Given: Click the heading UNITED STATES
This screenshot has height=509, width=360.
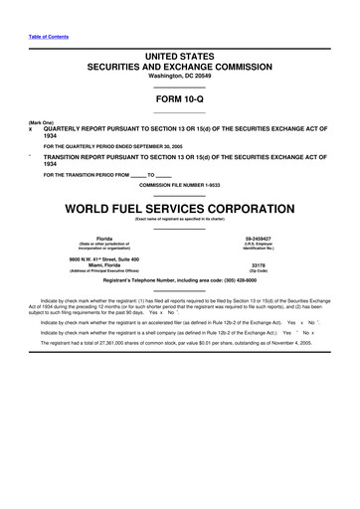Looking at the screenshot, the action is [x=180, y=59].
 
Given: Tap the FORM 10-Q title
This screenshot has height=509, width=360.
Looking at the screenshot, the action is [x=180, y=100].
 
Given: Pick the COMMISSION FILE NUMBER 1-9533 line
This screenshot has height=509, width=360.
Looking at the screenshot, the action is [x=180, y=186].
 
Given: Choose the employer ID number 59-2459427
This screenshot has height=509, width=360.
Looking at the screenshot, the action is [x=260, y=239].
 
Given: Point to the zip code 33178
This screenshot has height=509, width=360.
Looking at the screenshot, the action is [x=260, y=265].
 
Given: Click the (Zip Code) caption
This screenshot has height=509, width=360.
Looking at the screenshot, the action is [x=260, y=271].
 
